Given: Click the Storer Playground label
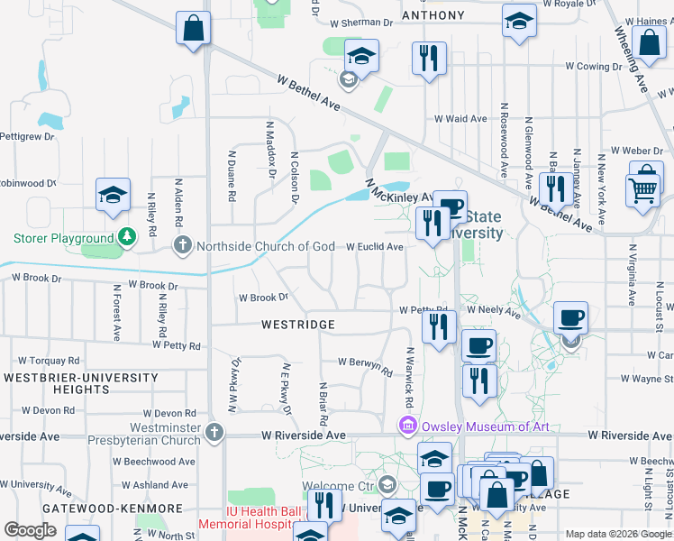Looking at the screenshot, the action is point(63,239).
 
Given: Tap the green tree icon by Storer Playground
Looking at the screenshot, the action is point(127,237).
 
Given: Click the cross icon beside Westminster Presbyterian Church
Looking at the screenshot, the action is point(214,431).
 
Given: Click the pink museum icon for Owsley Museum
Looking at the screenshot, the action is point(408,425).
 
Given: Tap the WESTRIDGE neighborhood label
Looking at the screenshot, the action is point(298,325).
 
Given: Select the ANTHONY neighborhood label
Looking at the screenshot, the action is point(433,15).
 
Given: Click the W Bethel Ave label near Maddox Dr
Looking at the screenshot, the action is point(308,93).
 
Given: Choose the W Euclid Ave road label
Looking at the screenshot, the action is point(375,247).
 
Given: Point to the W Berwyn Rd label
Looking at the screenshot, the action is point(365,366).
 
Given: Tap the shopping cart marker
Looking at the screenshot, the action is point(642,188).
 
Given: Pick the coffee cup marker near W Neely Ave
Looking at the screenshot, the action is point(570,317).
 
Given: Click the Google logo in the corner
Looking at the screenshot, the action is point(31,530).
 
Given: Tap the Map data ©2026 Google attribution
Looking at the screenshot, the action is point(617,534).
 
